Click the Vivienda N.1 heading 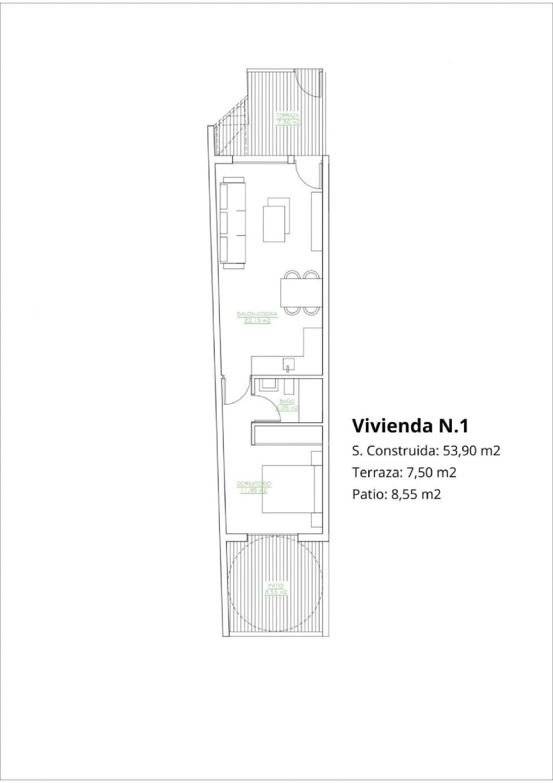click(x=410, y=426)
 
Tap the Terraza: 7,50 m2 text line click(x=404, y=472)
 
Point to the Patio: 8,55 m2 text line click(x=396, y=494)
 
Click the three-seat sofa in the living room click(x=233, y=224)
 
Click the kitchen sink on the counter click(x=289, y=365)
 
